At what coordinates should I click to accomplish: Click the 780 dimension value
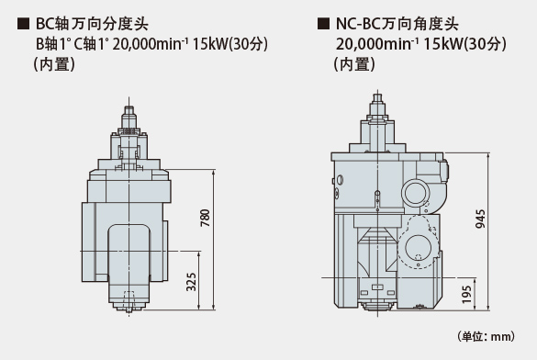pyautogui.click(x=205, y=218)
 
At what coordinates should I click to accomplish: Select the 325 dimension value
pyautogui.click(x=192, y=282)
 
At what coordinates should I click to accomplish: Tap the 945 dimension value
pyautogui.click(x=480, y=219)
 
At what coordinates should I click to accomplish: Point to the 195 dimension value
pyautogui.click(x=467, y=295)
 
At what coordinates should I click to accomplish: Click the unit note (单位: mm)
pyautogui.click(x=487, y=336)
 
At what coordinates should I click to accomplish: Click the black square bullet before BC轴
pyautogui.click(x=23, y=24)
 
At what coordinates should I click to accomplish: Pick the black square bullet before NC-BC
pyautogui.click(x=324, y=24)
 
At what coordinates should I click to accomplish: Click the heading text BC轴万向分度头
pyautogui.click(x=92, y=24)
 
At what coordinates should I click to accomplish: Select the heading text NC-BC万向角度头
pyautogui.click(x=397, y=24)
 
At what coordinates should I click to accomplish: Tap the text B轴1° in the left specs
pyautogui.click(x=53, y=44)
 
